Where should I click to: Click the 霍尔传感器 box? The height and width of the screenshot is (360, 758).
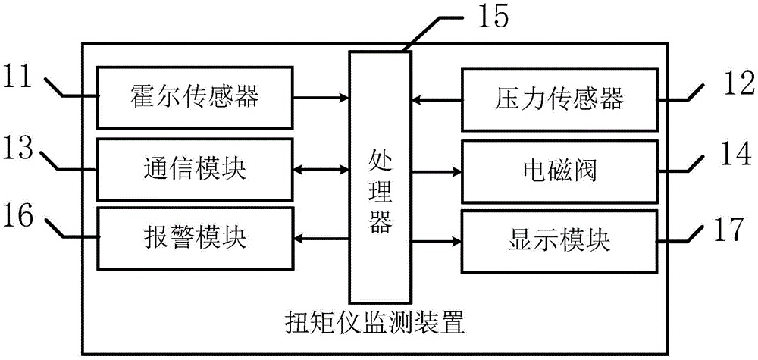click(196, 96)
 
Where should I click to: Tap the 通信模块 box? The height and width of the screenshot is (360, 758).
click(196, 168)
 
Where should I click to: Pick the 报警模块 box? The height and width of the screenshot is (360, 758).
click(196, 239)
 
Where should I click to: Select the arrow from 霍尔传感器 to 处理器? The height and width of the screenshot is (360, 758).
click(321, 97)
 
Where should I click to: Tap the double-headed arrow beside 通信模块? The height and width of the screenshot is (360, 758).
click(321, 168)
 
